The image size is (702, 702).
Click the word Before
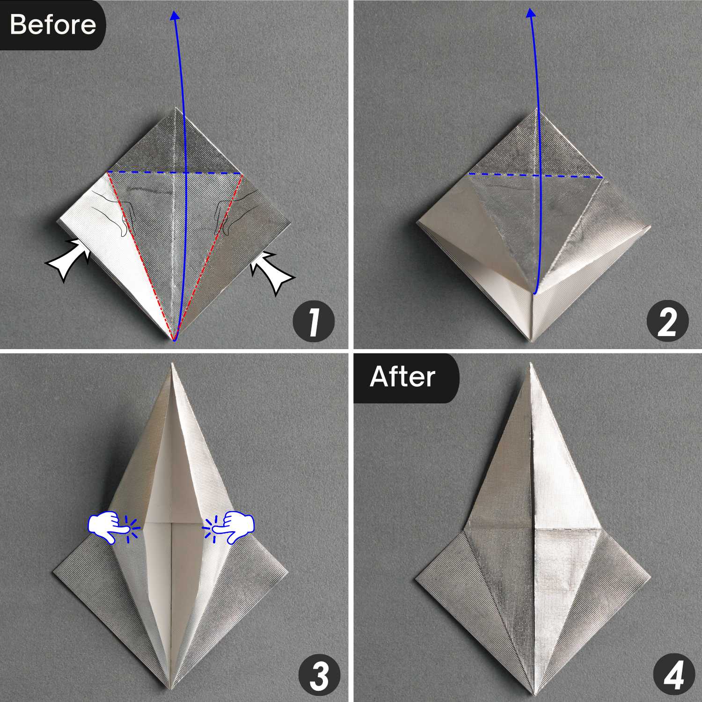coord(52,24)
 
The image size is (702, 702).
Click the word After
coord(402,377)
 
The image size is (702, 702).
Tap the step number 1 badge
coord(314,322)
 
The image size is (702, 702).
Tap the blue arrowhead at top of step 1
coord(175,15)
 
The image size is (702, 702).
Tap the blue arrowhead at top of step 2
coord(531,13)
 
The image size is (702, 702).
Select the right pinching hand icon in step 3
coord(233,527)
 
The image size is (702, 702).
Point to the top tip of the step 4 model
coord(531,364)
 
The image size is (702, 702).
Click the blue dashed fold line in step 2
coord(535,175)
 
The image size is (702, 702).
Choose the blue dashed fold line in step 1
coord(174,173)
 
